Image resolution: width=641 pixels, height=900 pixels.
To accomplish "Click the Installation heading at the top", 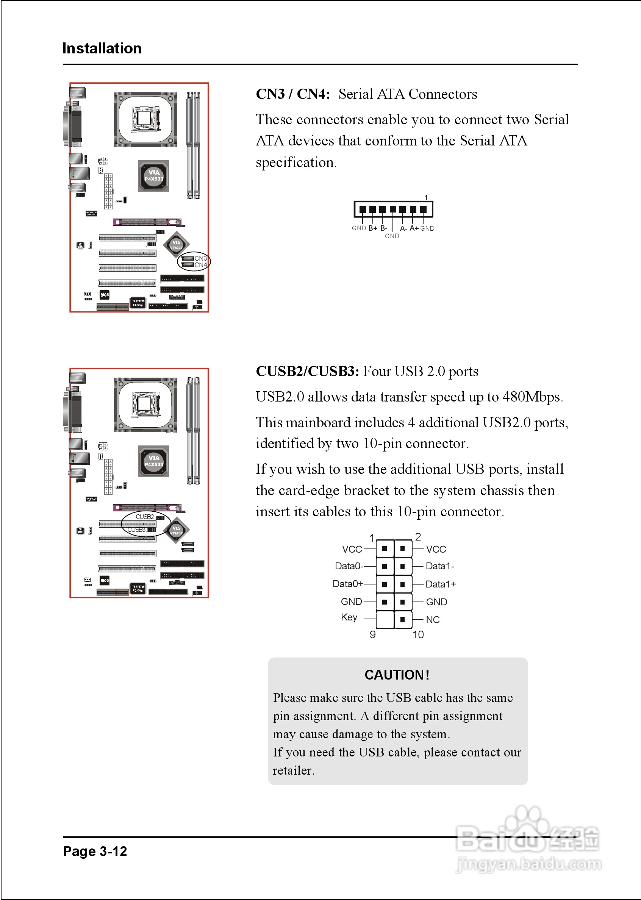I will [x=102, y=48].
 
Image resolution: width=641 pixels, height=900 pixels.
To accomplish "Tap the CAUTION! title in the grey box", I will [x=397, y=675].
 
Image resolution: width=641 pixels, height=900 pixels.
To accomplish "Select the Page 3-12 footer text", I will [x=95, y=851].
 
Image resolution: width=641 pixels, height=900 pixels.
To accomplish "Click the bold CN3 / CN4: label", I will [x=292, y=94].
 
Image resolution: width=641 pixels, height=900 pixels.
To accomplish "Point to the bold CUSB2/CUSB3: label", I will [x=307, y=371].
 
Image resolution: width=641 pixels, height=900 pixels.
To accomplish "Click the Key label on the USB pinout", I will [x=349, y=617].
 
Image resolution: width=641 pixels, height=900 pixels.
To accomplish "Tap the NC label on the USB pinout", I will [x=433, y=620].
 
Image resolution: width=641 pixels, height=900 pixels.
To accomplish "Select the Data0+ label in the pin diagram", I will [x=348, y=584].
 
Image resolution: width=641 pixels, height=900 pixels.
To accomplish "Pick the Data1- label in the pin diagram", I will [x=440, y=566].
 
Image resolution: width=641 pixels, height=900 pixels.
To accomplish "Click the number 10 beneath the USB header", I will [x=418, y=634].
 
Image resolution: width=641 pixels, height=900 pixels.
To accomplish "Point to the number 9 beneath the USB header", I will [x=373, y=634].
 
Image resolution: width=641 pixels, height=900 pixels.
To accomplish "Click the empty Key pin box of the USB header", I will [x=385, y=619].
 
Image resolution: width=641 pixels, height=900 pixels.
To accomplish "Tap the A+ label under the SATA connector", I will [x=414, y=228].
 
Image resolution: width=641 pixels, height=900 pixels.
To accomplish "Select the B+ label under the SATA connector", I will [x=373, y=228].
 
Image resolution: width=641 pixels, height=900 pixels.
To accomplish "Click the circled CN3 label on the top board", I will [x=200, y=258].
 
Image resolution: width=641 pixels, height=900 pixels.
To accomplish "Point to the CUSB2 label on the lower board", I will [x=144, y=517].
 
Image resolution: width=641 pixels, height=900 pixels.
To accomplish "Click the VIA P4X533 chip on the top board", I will [x=153, y=176].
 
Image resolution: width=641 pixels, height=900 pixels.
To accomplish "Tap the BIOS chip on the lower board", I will [x=105, y=580].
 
